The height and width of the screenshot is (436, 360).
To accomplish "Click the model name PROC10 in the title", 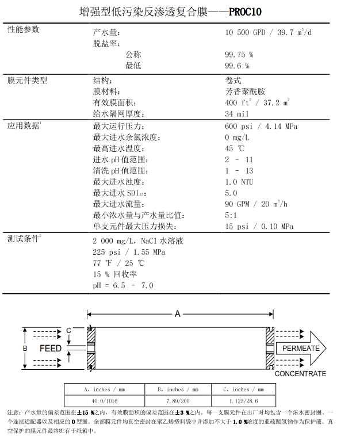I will click(x=246, y=10).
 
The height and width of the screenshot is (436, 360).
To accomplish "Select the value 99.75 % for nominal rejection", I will click(x=239, y=55).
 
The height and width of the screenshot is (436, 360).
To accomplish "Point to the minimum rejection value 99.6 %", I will click(x=236, y=66).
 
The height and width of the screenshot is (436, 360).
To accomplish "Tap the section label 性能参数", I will click(x=23, y=29).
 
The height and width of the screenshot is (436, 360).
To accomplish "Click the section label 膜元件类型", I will click(x=27, y=80).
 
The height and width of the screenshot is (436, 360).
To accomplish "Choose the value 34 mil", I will click(x=237, y=114).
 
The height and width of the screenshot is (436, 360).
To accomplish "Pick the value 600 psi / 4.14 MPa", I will click(x=261, y=126).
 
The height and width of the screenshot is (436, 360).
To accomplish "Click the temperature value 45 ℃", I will click(x=234, y=148).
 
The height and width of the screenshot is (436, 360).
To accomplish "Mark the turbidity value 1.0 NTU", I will click(x=239, y=182).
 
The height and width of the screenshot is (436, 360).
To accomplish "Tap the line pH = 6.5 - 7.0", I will click(x=123, y=285).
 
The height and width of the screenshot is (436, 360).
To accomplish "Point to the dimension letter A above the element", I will click(x=178, y=313).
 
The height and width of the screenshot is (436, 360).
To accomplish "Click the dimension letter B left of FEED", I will click(x=25, y=349).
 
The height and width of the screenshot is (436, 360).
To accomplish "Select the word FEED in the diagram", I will click(x=51, y=349).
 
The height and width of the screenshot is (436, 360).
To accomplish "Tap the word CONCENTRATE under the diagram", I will click(x=300, y=374).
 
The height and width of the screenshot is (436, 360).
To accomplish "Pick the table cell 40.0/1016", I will click(x=101, y=401).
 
